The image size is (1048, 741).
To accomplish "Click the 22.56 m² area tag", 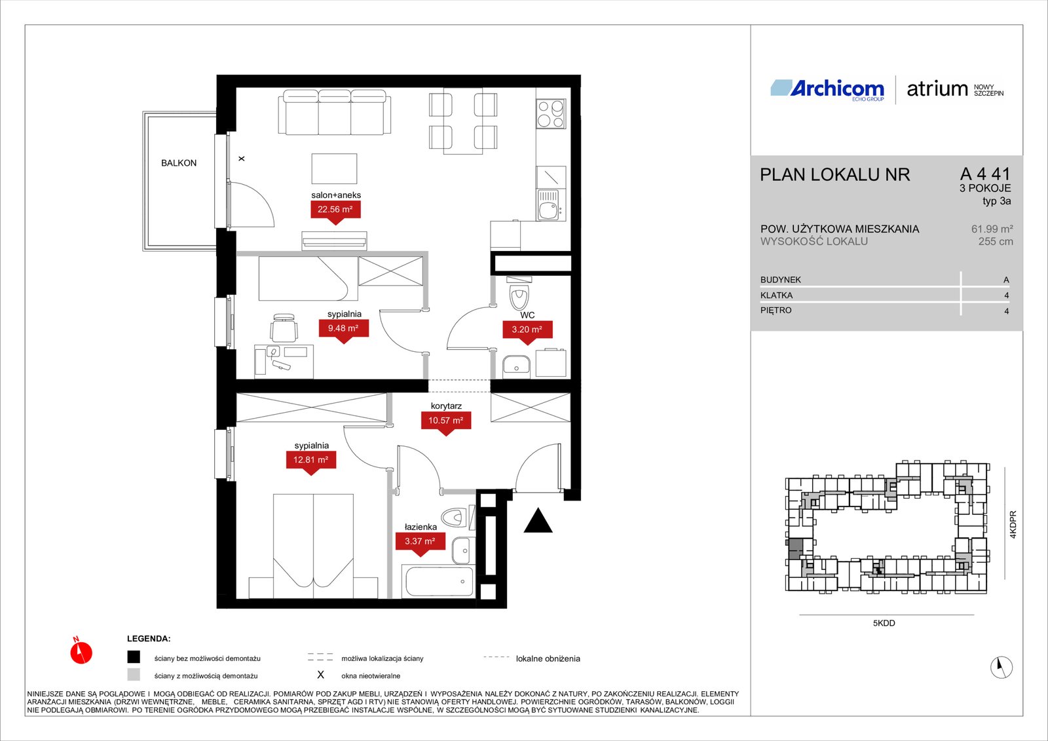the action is click(335, 212).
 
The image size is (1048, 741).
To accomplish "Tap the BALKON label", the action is click(179, 163).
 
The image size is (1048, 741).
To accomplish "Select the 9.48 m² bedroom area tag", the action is click(344, 331).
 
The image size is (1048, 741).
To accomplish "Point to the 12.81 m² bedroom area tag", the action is click(310, 463).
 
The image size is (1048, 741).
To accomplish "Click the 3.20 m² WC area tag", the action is click(527, 332).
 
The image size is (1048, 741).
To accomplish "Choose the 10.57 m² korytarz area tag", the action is click(446, 423).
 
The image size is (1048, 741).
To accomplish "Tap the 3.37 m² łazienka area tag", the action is click(420, 544).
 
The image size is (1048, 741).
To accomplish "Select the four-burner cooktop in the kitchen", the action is click(551, 113).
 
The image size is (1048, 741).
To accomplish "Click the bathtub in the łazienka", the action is click(438, 581).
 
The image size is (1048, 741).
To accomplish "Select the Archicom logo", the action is click(827, 89).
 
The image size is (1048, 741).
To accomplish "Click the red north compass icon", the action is click(81, 651).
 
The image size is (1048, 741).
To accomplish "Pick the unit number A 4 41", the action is click(985, 174).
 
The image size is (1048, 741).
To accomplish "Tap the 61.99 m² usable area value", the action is click(992, 229).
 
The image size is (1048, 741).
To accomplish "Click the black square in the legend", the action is click(134, 657).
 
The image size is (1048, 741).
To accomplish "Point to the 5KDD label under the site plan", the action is click(884, 623).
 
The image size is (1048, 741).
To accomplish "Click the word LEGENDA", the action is click(149, 639).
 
